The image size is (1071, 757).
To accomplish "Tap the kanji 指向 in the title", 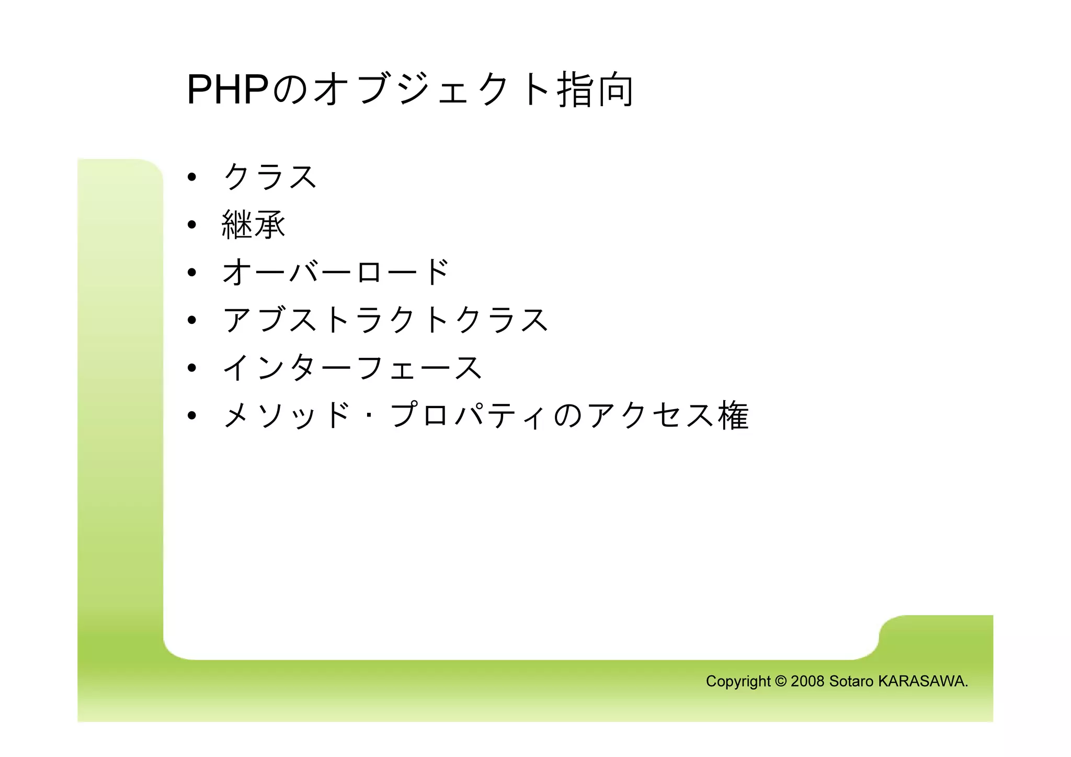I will pos(595,90).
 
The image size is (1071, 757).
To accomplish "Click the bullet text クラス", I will pos(270,177).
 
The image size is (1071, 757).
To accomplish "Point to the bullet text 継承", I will pos(254,225).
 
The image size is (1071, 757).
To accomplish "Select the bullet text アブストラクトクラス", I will pos(385,320).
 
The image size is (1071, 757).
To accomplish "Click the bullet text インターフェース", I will pos(352,368).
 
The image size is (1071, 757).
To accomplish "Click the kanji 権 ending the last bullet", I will pos(733,416).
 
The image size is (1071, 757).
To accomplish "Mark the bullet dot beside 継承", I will pos(192,225).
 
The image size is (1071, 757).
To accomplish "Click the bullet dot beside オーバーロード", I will pos(192,273).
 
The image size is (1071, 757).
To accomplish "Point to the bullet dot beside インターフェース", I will pos(192,368).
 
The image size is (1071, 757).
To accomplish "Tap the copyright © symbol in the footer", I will pos(780,681).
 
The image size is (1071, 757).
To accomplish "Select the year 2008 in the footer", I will pos(807,681).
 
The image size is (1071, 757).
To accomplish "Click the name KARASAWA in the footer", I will pos(922,681).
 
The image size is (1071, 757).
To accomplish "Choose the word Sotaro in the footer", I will pos(851,681).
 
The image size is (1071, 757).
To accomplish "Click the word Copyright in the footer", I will pos(738,682).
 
